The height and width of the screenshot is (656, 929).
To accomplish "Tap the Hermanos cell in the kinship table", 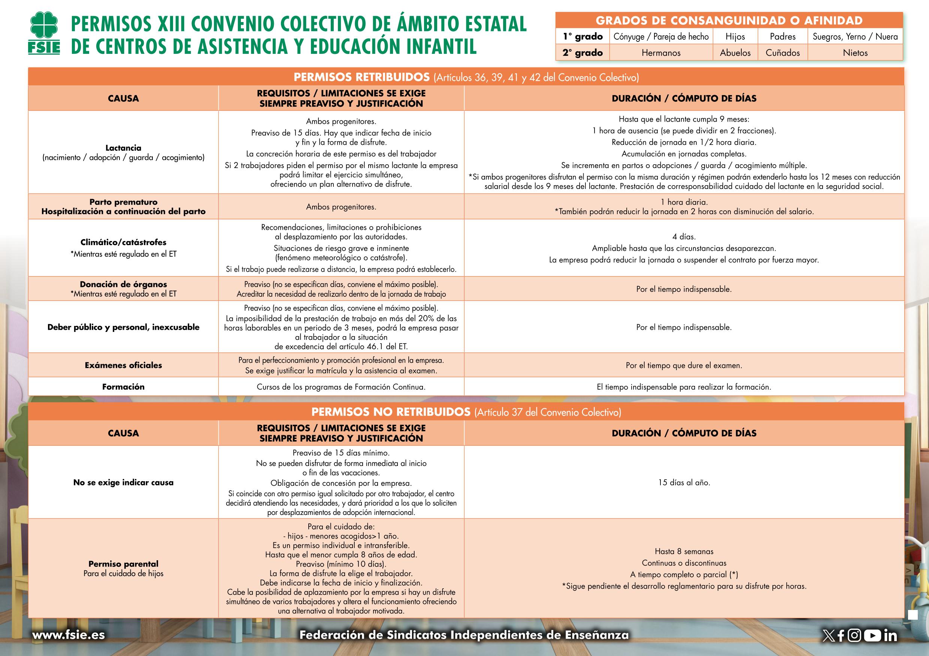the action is tap(661, 53).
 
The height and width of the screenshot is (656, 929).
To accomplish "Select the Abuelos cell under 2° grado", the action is tap(735, 53).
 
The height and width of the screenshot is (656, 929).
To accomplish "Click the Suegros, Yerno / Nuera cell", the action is tap(855, 37).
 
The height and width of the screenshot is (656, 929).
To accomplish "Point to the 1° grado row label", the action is tap(582, 37).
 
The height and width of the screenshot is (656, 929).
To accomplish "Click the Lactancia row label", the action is tap(123, 148).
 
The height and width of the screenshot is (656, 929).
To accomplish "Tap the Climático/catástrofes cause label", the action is tap(123, 242).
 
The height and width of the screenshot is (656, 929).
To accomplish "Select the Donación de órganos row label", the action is tap(123, 284).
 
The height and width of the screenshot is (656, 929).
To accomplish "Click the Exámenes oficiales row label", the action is tap(123, 365).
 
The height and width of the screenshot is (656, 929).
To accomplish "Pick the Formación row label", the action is tap(123, 387).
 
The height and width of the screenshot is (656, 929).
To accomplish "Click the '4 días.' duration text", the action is tap(684, 237).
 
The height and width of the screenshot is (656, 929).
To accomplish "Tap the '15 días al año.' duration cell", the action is tap(684, 482).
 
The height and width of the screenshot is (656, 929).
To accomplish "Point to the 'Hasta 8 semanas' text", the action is tap(684, 551).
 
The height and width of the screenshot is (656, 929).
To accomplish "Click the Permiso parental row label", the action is tap(123, 564).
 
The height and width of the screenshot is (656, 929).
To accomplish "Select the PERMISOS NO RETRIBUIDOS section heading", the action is tap(390, 412).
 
